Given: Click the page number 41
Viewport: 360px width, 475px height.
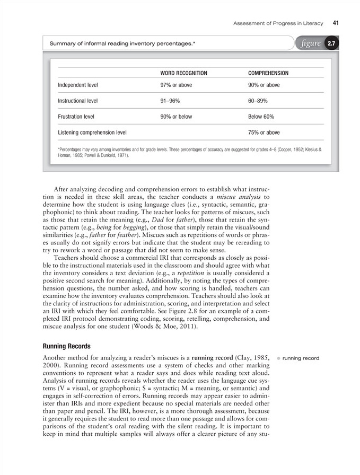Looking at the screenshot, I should [336, 23].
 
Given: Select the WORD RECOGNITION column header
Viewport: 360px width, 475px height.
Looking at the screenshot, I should [183, 73].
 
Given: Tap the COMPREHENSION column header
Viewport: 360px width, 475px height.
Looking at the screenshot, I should [268, 73].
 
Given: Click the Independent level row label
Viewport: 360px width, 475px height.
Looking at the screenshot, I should [78, 85].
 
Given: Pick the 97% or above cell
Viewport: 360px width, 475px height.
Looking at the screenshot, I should [177, 85].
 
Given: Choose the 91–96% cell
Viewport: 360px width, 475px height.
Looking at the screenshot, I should [171, 101].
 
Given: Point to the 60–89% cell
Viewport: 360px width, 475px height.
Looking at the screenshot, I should [258, 101].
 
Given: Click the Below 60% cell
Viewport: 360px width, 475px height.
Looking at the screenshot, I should [261, 117].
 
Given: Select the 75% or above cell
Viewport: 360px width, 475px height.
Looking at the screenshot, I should [264, 133].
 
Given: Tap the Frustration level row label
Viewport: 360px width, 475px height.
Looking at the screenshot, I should [76, 117].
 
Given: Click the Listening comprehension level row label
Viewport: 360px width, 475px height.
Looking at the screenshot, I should [92, 133].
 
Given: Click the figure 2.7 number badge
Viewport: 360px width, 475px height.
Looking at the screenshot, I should [331, 43].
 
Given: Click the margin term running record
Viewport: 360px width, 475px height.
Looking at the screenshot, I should [301, 358].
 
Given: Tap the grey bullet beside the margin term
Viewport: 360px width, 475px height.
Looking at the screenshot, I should [278, 358].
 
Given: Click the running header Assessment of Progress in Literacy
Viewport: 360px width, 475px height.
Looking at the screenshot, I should [279, 23].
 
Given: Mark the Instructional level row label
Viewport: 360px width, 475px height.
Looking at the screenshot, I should [78, 101].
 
